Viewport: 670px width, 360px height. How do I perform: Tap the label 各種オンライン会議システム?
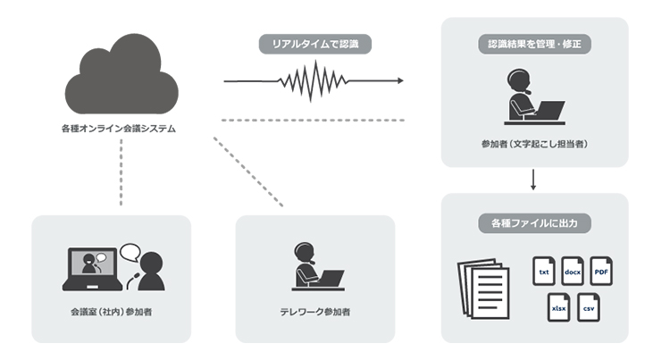tap(121, 129)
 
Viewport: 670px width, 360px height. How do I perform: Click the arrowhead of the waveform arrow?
tap(398, 81)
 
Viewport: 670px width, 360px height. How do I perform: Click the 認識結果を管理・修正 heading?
tap(534, 42)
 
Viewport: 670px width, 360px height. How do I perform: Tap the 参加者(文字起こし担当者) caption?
tap(533, 143)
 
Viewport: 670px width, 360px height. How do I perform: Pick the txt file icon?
tap(544, 271)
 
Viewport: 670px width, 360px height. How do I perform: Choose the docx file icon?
tap(573, 271)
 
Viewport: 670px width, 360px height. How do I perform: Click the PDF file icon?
tap(601, 271)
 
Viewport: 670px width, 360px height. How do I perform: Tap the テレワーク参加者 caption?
tap(314, 313)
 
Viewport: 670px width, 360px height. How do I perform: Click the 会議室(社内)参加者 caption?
tap(111, 313)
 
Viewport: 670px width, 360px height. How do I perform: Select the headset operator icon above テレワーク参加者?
tap(317, 267)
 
